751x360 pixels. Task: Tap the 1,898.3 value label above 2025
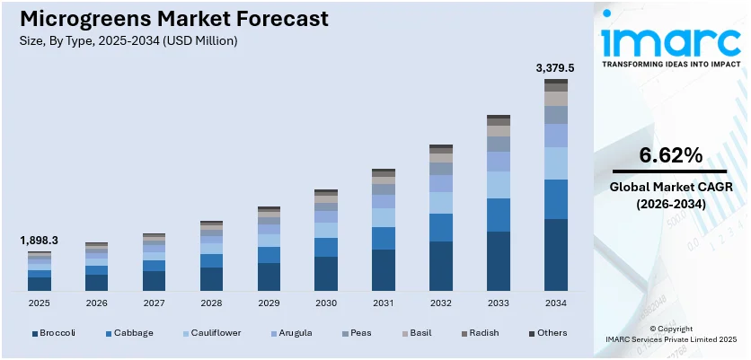pyautogui.click(x=40, y=241)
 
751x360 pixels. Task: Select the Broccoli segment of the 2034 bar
pyautogui.click(x=556, y=255)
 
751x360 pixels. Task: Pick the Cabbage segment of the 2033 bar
pyautogui.click(x=499, y=215)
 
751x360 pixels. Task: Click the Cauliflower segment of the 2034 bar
pyautogui.click(x=556, y=163)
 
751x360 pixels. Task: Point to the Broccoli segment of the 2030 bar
pyautogui.click(x=326, y=274)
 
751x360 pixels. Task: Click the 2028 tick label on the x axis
pyautogui.click(x=211, y=303)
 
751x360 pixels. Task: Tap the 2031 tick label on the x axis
pyautogui.click(x=384, y=303)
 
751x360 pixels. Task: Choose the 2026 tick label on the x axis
pyautogui.click(x=96, y=303)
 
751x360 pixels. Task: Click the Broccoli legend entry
pyautogui.click(x=55, y=333)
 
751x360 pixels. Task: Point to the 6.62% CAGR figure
pyautogui.click(x=670, y=155)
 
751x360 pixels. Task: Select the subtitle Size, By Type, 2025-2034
pyautogui.click(x=128, y=40)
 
